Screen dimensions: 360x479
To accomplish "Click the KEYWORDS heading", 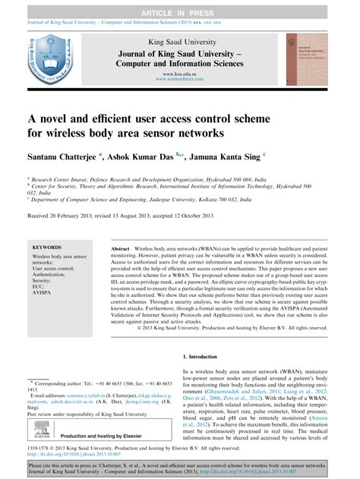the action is click(x=47, y=247).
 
